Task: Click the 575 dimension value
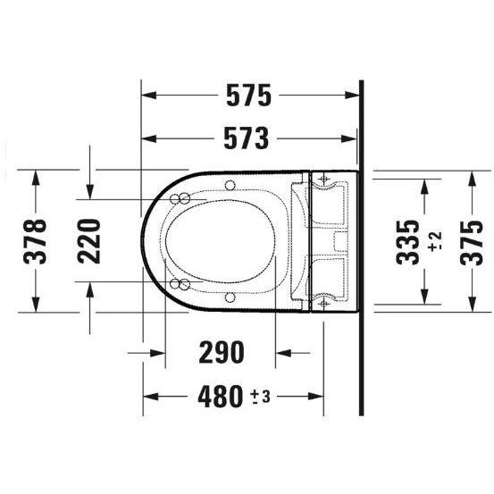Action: click(248, 96)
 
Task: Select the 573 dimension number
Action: click(247, 138)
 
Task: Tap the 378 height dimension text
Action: click(35, 241)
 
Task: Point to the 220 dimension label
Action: click(89, 241)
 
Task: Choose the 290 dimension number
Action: click(222, 352)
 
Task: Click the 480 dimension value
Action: click(221, 397)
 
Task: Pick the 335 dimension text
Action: click(408, 242)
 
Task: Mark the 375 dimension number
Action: click(472, 243)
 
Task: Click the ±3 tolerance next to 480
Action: click(261, 397)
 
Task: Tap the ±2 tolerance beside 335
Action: click(435, 242)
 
